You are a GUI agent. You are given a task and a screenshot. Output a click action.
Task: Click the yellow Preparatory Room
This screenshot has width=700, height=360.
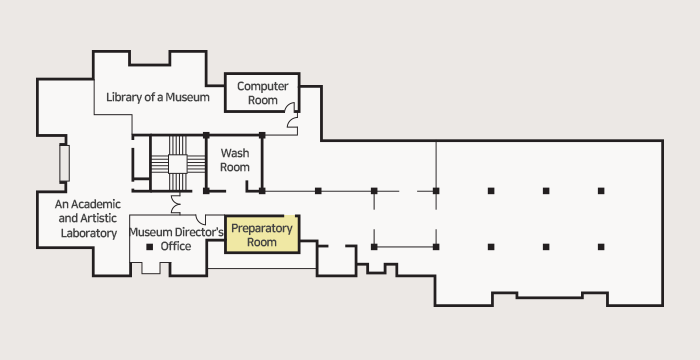(262, 234)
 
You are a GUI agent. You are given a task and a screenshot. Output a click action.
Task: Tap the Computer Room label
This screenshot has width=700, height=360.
(262, 93)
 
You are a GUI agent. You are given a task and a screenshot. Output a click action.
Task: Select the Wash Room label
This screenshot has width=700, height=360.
(235, 160)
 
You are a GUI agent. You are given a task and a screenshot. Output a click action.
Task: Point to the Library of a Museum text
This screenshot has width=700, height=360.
(158, 97)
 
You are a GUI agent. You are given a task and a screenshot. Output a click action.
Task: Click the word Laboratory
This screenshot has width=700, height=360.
(89, 233)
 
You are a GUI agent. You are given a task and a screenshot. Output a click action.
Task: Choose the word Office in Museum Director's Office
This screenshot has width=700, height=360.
(176, 246)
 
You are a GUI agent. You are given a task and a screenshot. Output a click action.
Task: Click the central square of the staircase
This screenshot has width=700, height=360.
(177, 164)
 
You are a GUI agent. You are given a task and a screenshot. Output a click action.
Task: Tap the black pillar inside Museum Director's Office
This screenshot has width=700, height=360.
(150, 247)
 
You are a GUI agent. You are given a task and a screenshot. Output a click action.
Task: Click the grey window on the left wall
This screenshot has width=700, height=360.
(64, 163)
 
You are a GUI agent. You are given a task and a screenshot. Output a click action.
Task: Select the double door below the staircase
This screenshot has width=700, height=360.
(175, 203)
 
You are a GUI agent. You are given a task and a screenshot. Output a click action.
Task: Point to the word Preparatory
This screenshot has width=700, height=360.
(262, 228)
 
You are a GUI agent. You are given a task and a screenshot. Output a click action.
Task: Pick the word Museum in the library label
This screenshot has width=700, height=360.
(187, 97)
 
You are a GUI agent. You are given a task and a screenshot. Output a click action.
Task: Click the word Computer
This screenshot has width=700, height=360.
(262, 86)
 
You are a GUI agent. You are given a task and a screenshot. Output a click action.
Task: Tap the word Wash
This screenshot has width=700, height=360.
(235, 153)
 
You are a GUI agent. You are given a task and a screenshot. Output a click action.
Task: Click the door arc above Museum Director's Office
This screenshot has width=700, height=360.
(200, 219)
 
